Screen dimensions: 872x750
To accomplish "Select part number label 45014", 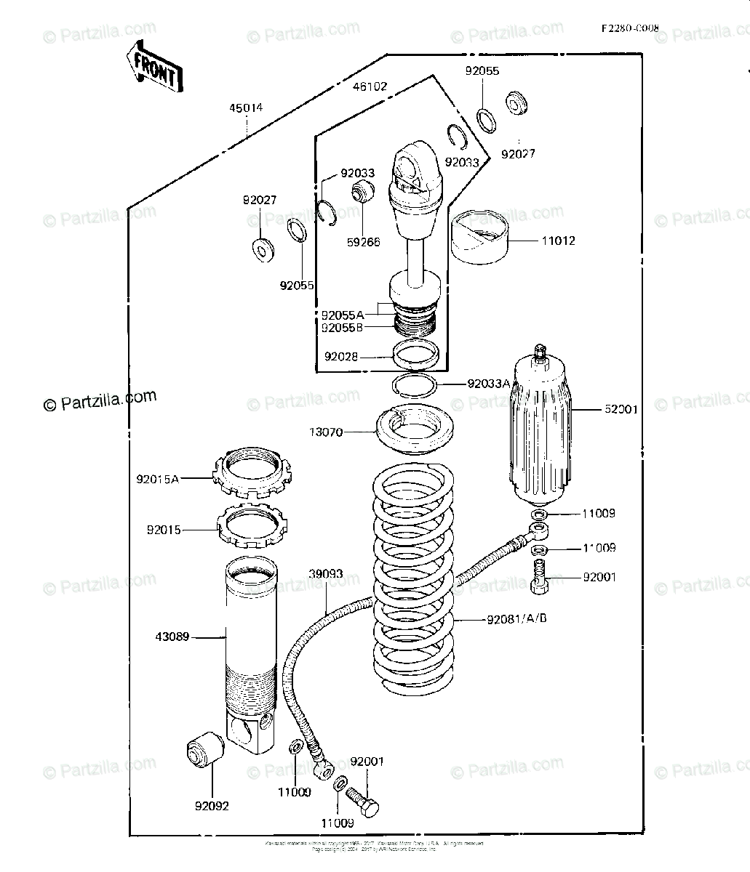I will (246, 108).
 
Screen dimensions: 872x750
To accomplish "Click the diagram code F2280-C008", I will (630, 29).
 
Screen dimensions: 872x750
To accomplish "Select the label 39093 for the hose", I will (326, 574).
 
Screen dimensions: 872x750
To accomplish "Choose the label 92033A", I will (489, 384).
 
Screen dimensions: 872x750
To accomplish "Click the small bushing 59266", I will (362, 193).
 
